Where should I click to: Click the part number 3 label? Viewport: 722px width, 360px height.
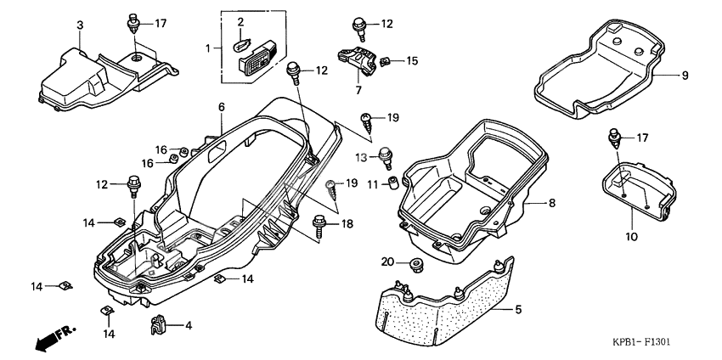click(x=80, y=25)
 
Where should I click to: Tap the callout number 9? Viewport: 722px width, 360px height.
click(x=684, y=75)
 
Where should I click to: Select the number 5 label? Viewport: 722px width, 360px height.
click(x=518, y=311)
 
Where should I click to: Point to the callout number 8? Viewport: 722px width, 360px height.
click(x=552, y=204)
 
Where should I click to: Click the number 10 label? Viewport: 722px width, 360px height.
click(x=630, y=237)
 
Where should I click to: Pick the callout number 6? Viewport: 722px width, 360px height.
click(x=221, y=107)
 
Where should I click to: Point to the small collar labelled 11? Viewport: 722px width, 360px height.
click(x=395, y=183)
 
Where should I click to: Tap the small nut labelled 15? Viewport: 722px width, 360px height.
click(x=384, y=61)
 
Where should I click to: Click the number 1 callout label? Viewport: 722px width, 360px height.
click(x=207, y=49)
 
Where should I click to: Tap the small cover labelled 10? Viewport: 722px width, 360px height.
click(x=635, y=188)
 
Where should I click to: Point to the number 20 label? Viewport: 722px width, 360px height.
click(x=388, y=262)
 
